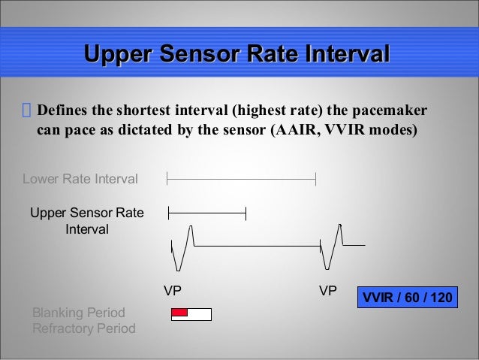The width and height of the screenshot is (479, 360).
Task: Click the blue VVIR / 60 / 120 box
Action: [x=408, y=298]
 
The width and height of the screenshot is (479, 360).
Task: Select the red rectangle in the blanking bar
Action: [x=179, y=313]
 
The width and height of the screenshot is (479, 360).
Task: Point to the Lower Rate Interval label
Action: [x=80, y=179]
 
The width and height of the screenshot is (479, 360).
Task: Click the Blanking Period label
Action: [x=78, y=313]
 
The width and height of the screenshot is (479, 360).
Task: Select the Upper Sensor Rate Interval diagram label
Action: [x=87, y=221]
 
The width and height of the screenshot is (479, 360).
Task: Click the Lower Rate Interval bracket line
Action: [x=241, y=179]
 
